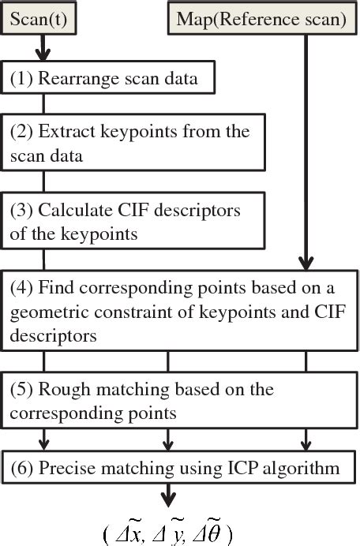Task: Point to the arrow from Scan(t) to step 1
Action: point(43,50)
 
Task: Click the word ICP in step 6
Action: point(254,468)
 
